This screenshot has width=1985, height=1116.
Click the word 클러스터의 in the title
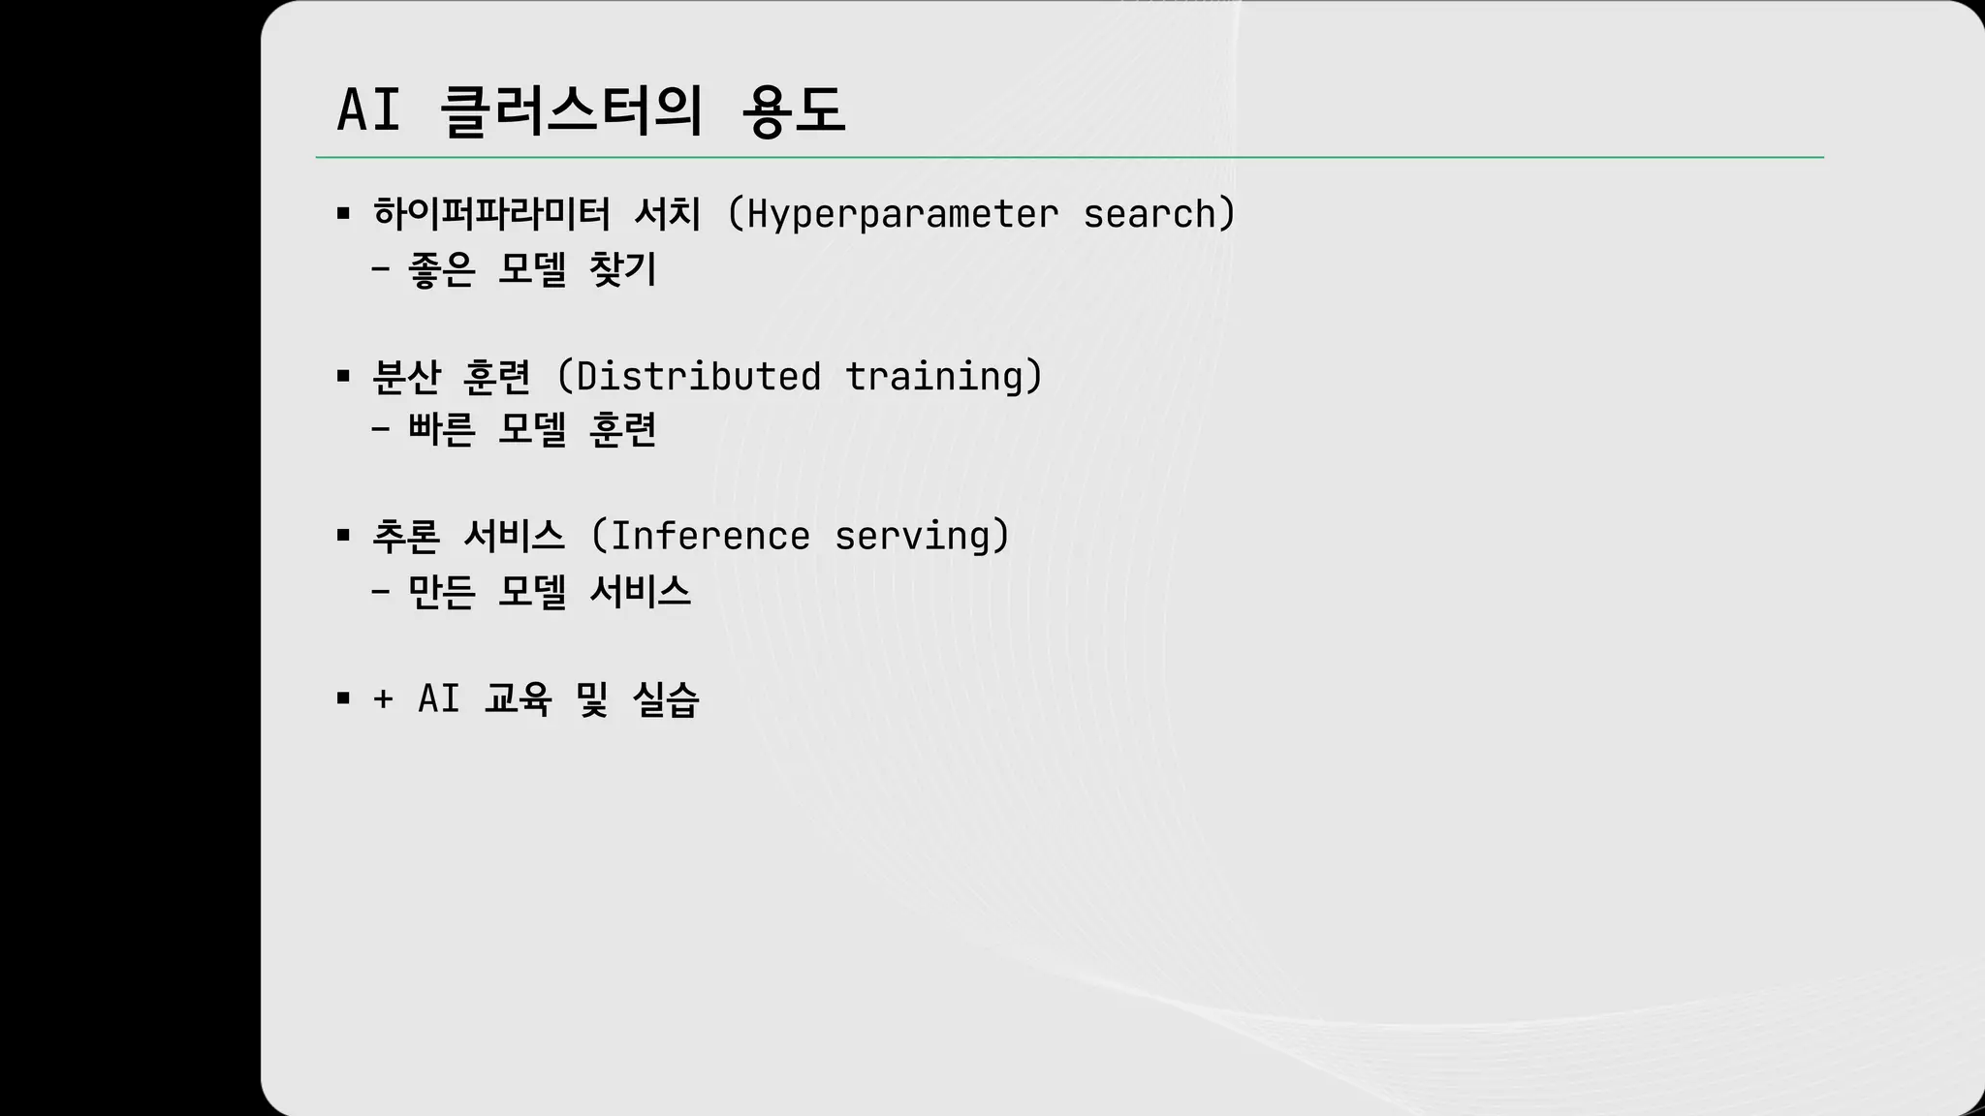[571, 109]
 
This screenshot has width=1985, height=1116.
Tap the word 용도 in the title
[793, 109]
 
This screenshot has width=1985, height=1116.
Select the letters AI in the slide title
[368, 109]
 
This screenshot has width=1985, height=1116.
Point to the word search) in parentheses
[1159, 214]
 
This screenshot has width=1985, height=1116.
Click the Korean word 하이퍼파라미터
[491, 214]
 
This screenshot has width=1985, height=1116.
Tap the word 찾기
[623, 269]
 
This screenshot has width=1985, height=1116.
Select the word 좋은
[442, 269]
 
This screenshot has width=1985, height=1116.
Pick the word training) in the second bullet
[943, 376]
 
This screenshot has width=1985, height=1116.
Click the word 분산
[407, 376]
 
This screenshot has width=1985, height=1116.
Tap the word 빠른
[442, 429]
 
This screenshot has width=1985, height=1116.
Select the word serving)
[922, 536]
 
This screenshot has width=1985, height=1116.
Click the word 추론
[407, 536]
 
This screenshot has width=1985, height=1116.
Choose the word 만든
[442, 591]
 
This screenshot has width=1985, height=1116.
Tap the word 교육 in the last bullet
[518, 698]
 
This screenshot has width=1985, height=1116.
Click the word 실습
[665, 698]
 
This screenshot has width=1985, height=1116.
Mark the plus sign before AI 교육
[383, 698]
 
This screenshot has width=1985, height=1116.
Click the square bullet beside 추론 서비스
[343, 536]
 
